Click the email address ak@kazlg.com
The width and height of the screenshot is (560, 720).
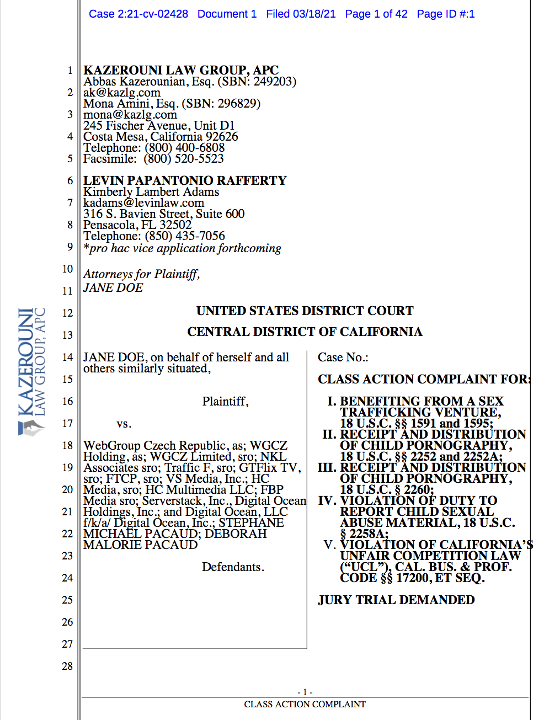point(122,93)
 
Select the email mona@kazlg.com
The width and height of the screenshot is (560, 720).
point(130,115)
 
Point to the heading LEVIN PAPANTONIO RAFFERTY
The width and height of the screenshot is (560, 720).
point(185,180)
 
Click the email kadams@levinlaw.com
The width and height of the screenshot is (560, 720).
point(143,203)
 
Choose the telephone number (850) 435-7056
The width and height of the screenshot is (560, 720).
point(185,236)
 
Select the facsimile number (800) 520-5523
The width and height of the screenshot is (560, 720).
point(184,159)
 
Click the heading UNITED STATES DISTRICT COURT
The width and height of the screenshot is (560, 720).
point(305,311)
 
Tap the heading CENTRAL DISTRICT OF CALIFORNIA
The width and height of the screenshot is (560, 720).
point(305,332)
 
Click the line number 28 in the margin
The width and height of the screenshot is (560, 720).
point(67,666)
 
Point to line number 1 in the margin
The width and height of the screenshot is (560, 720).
point(70,71)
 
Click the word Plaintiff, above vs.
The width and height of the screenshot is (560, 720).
point(225,402)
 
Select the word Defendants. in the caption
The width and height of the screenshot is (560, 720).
point(233,567)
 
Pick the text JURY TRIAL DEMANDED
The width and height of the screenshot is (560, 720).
point(396,600)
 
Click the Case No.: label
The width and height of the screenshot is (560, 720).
point(343,358)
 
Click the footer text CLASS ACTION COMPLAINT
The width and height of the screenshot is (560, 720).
point(305,705)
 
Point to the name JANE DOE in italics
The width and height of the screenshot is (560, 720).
point(113,288)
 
